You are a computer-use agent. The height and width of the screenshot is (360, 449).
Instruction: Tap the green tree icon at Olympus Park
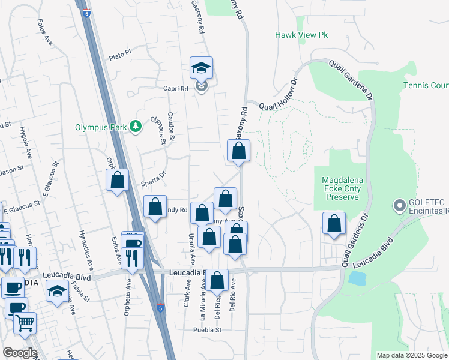pyautogui.click(x=136, y=126)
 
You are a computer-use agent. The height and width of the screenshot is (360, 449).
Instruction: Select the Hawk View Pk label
pyautogui.click(x=301, y=35)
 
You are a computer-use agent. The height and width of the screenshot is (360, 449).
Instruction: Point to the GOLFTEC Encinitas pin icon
pyautogui.click(x=398, y=206)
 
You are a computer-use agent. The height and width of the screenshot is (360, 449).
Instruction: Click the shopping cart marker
pyautogui.click(x=25, y=323)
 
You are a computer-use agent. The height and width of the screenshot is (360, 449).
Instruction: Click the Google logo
pyautogui.click(x=20, y=353)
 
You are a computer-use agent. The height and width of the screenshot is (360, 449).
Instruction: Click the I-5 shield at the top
pyautogui.click(x=88, y=13)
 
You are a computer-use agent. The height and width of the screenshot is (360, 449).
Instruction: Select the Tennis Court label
pyautogui.click(x=426, y=86)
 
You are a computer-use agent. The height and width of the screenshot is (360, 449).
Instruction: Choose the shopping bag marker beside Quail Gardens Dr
pyautogui.click(x=334, y=224)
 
